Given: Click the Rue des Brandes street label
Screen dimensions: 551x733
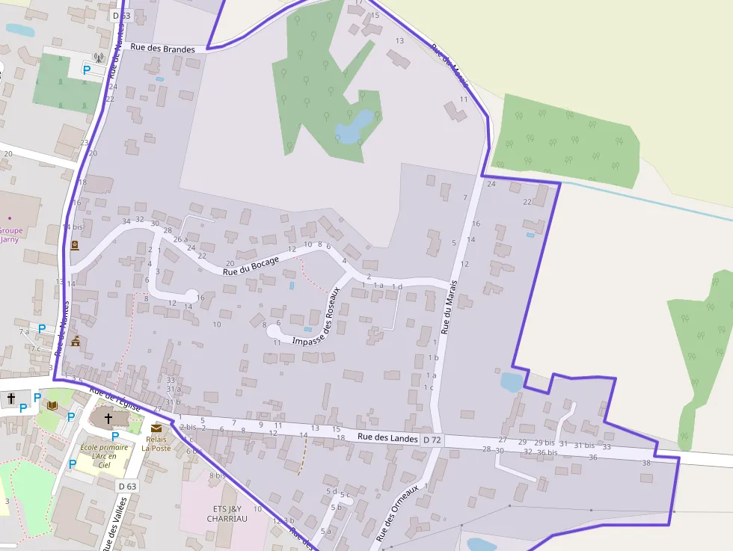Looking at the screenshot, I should click(x=162, y=49).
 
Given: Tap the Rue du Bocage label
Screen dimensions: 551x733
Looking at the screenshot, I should click(x=251, y=266).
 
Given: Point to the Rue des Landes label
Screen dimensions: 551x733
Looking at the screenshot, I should click(x=388, y=437).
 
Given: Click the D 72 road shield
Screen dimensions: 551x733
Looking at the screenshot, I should click(x=432, y=440).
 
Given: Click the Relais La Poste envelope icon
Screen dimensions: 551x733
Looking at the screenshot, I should click(x=156, y=428).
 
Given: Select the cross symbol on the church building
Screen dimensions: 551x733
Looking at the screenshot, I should click(x=108, y=419).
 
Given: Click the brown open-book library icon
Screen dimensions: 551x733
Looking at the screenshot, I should click(x=52, y=405).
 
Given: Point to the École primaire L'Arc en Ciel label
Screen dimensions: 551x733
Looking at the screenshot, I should click(x=104, y=456).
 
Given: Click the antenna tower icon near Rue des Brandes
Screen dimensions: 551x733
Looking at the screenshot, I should click(x=98, y=57).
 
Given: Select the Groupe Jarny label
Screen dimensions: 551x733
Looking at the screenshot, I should click(x=9, y=236).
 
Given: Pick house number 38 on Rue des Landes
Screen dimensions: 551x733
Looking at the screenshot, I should click(x=646, y=463).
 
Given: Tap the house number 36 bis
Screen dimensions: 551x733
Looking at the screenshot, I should click(x=547, y=452).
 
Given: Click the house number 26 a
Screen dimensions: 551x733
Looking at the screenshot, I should click(x=180, y=239).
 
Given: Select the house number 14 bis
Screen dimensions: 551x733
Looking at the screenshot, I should click(x=73, y=227).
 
